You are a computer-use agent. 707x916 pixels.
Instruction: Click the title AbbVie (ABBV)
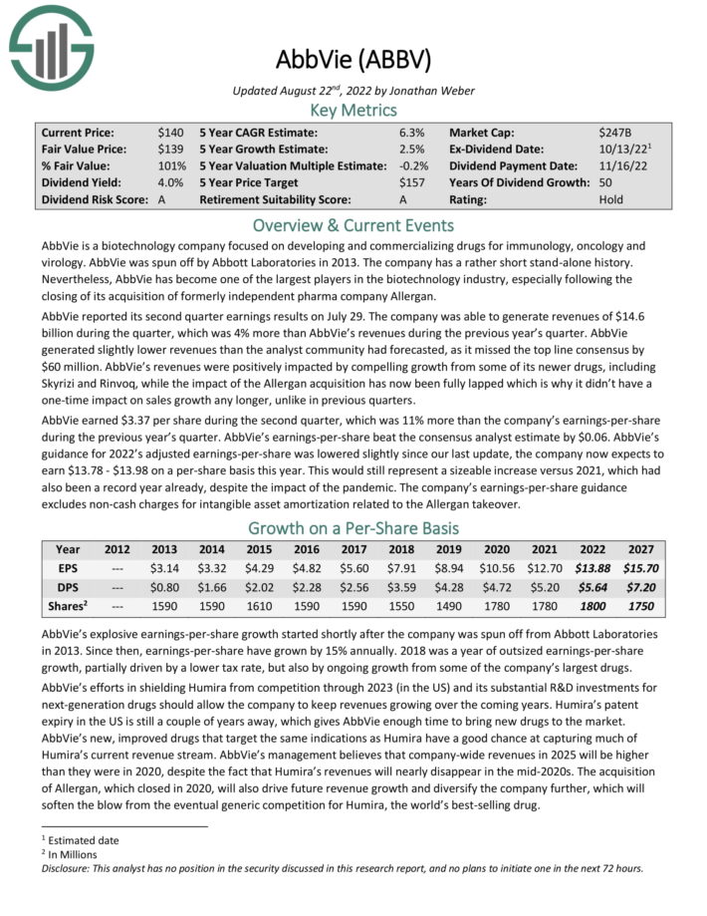click(353, 60)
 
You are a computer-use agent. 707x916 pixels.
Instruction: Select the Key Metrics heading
click(353, 110)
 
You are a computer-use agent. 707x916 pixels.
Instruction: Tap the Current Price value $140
click(170, 132)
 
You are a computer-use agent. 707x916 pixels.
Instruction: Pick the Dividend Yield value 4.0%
click(171, 182)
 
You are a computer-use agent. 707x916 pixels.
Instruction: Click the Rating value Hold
click(611, 199)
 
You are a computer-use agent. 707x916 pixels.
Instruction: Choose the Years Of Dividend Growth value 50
click(606, 182)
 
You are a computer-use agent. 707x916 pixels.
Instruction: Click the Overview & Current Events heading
click(353, 224)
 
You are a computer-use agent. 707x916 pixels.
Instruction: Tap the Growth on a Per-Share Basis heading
click(353, 527)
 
